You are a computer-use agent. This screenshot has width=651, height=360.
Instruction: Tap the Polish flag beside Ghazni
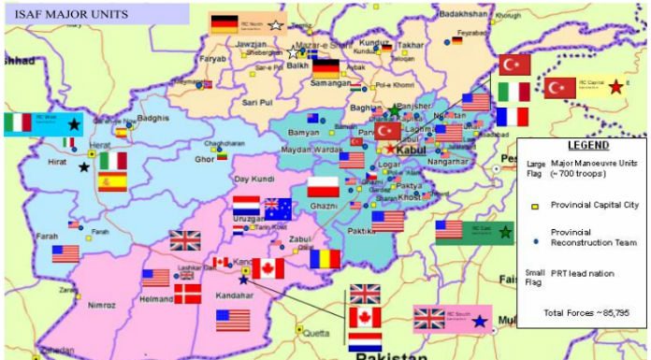tap(323, 187)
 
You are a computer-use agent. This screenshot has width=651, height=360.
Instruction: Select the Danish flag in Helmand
tap(187, 295)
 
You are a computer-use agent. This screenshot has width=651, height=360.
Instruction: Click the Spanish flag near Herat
tap(113, 182)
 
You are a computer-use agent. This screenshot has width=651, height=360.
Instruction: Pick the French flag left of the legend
tap(513, 117)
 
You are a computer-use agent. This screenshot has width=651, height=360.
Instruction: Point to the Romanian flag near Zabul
tap(325, 259)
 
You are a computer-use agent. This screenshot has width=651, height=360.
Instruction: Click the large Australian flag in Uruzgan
tap(278, 209)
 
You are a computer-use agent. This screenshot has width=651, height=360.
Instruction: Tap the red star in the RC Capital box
tap(615, 87)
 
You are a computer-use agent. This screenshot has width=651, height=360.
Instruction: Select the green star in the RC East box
tap(506, 231)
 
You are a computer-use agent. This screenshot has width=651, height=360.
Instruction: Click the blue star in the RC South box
tap(479, 321)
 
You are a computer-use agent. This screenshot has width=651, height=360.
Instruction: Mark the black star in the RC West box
tap(74, 123)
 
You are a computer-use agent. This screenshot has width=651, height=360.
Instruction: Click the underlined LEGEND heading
tap(587, 147)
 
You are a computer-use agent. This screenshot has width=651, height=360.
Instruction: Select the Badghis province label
tap(152, 119)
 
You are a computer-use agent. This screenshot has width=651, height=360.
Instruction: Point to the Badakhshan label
tap(464, 14)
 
